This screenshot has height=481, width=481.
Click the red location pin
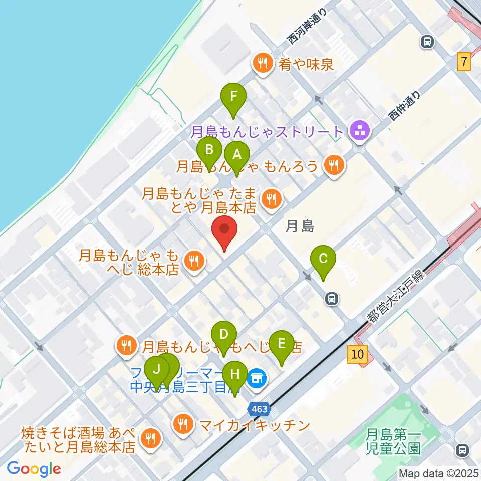click(x=224, y=231)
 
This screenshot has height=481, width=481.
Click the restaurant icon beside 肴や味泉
click(x=262, y=64)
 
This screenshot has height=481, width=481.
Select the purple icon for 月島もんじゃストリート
click(x=359, y=132)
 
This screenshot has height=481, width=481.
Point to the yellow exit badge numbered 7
click(x=464, y=63)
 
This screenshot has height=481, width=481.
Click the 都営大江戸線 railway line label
click(x=395, y=296)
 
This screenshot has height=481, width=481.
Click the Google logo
click(x=34, y=469)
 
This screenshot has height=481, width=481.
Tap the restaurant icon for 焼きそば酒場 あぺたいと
click(x=149, y=439)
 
